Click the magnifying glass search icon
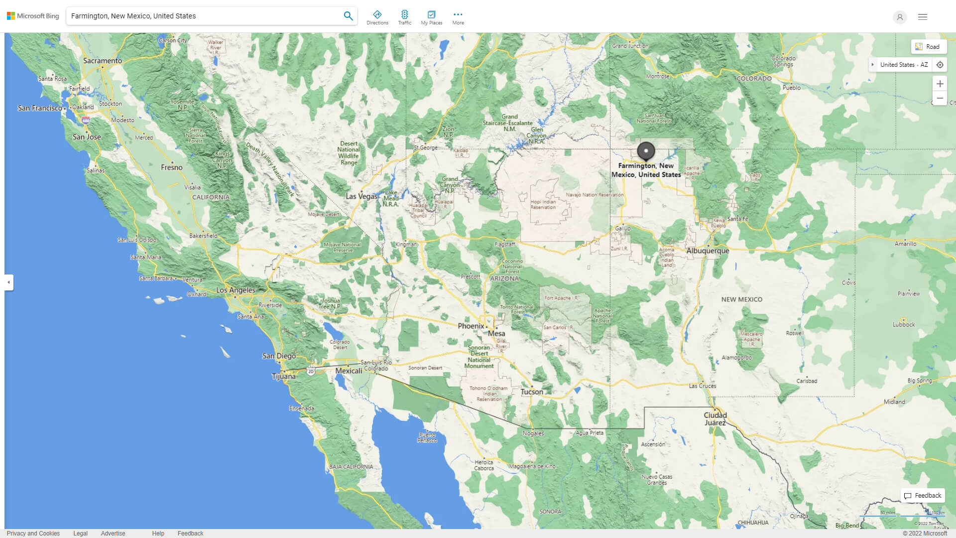[x=348, y=16]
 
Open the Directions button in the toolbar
[x=377, y=17]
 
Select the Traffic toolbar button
[x=405, y=17]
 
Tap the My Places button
[x=431, y=17]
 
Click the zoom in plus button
[x=940, y=84]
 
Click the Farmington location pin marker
[x=646, y=151]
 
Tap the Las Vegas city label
[x=361, y=196]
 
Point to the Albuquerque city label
[x=708, y=251]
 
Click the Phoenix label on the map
[x=471, y=326]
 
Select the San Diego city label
[x=279, y=356]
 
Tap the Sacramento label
[x=103, y=61]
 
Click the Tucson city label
[x=532, y=392]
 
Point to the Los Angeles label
[x=236, y=290]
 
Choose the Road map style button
[x=928, y=47]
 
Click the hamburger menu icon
[x=923, y=17]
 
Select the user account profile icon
[x=900, y=17]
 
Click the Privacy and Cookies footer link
[x=33, y=533]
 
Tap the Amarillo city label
[x=905, y=244]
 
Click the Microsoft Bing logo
[x=33, y=16]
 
